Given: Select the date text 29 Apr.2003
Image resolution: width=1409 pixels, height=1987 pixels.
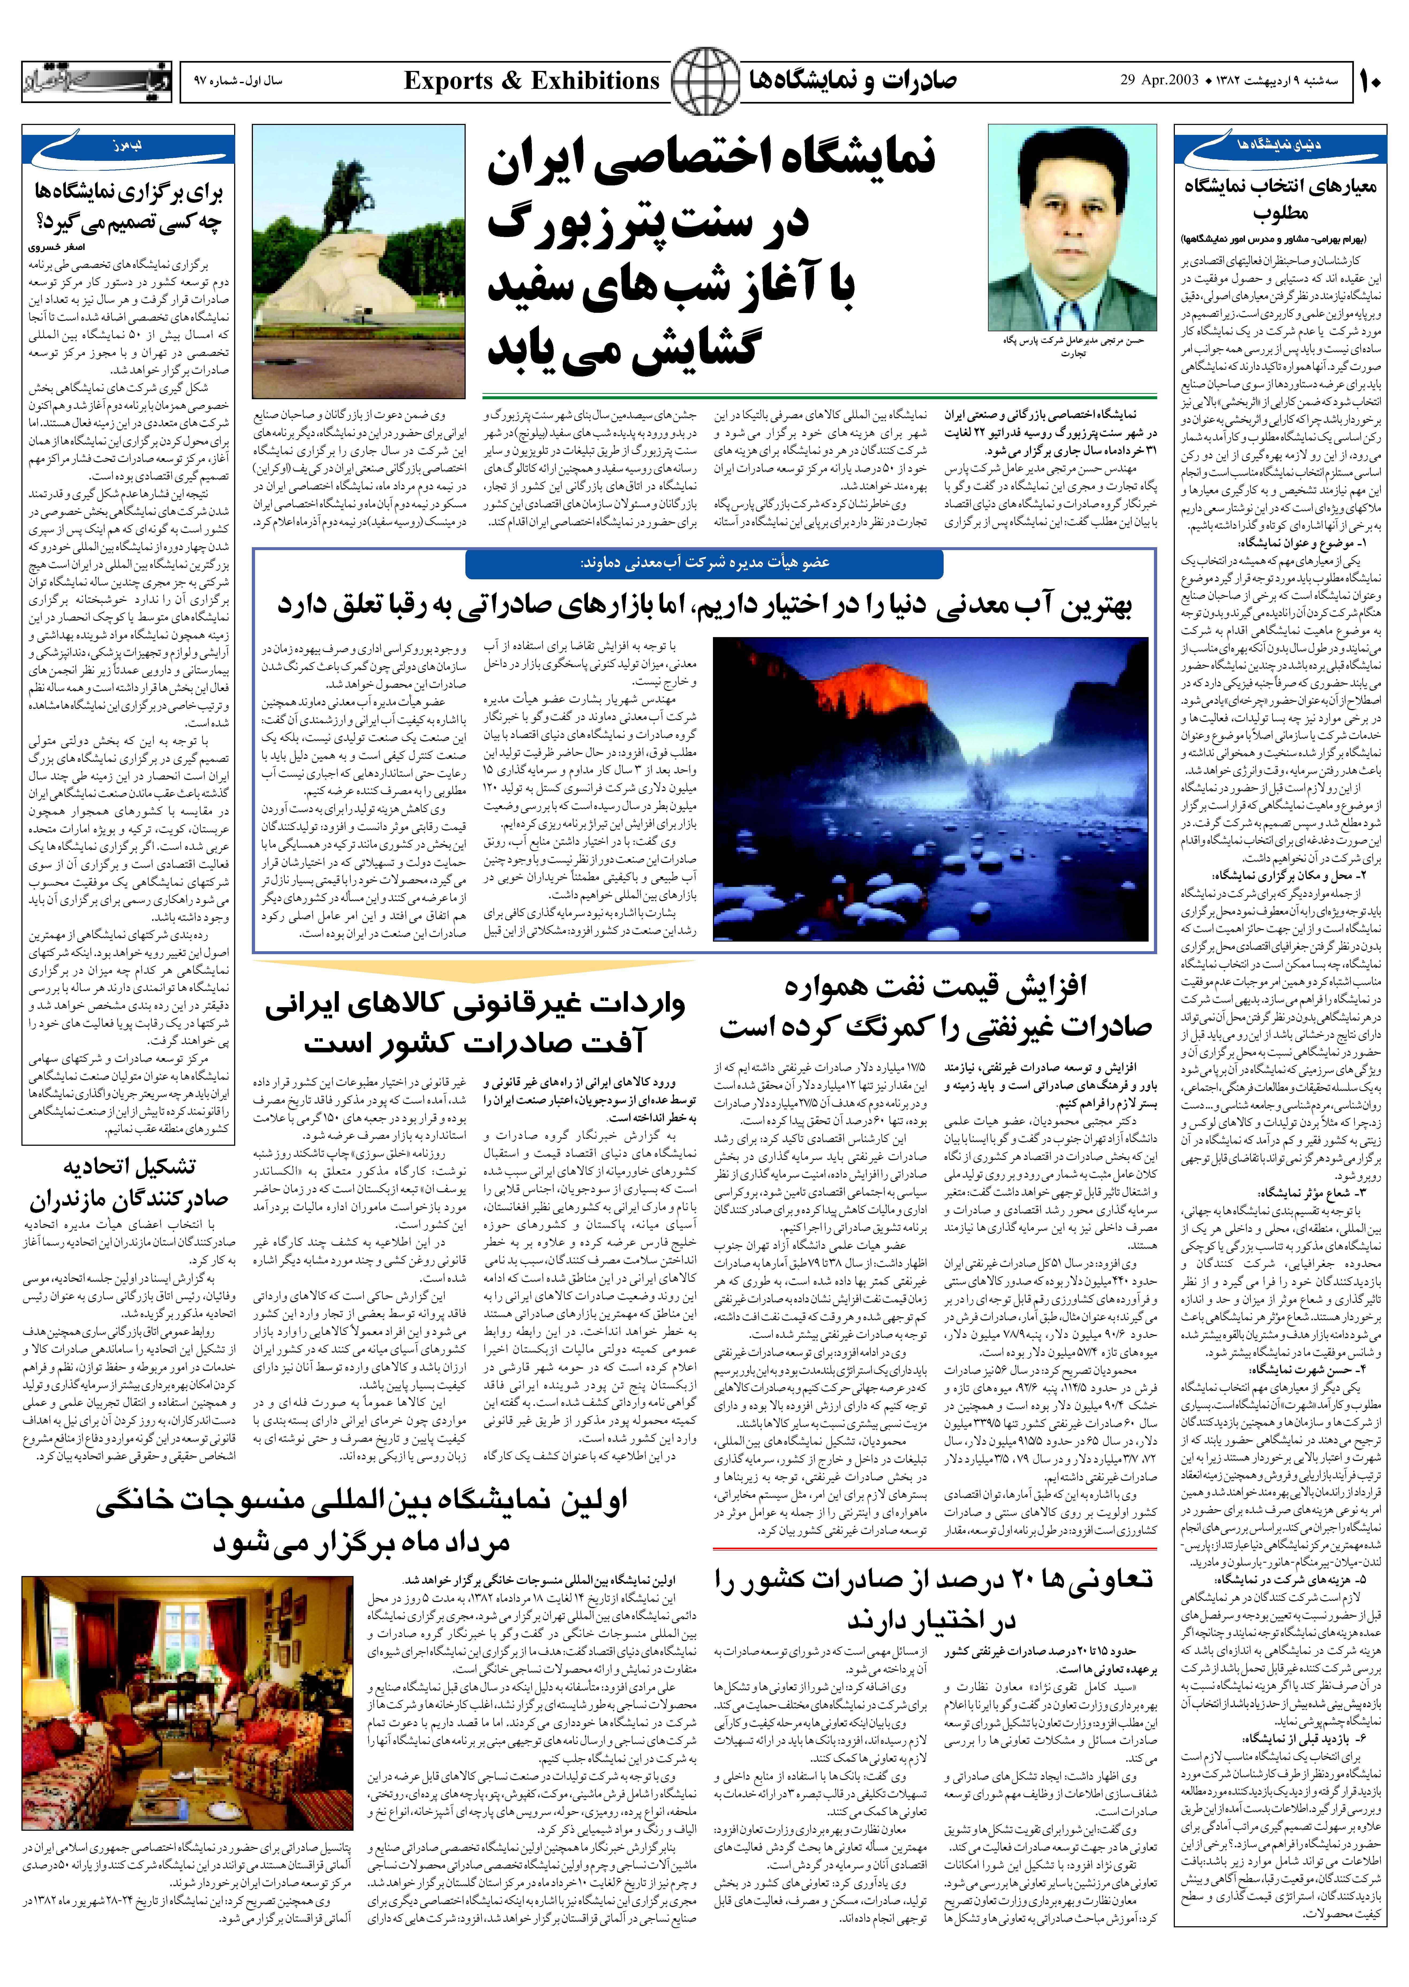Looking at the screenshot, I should (1158, 82).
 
